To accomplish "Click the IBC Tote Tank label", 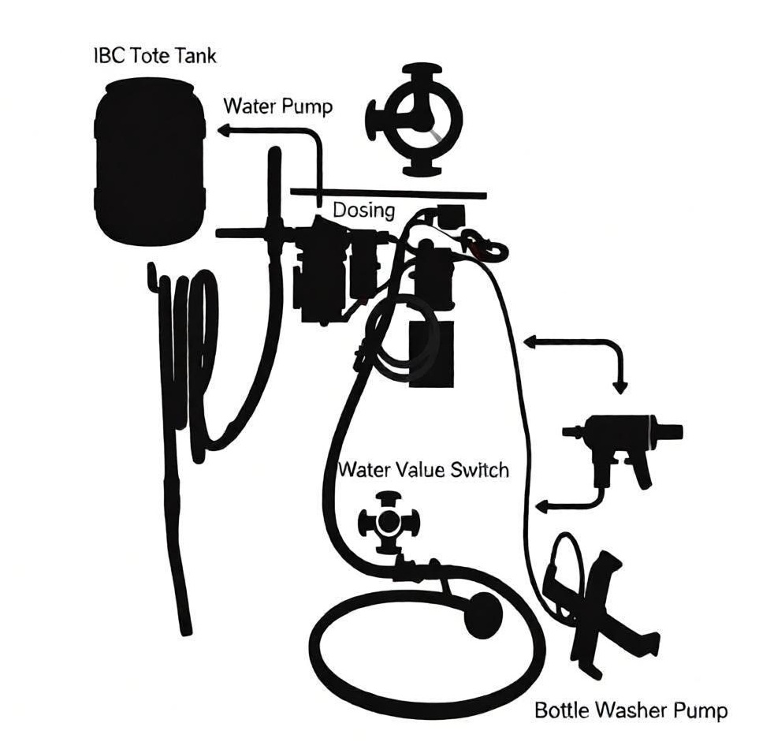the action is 154,55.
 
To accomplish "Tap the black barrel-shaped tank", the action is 150,163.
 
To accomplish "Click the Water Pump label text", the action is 278,106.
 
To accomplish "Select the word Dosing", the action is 364,211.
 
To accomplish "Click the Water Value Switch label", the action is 423,470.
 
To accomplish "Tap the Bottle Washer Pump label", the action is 631,710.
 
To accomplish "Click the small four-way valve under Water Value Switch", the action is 388,522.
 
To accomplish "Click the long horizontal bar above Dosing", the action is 389,194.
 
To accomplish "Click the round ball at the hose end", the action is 483,614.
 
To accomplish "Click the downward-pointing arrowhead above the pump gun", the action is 620,387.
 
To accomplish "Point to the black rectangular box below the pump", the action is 431,353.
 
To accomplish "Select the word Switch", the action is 480,470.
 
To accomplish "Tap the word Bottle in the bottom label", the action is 561,710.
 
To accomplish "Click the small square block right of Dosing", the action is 451,217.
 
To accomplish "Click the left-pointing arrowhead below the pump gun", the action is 543,506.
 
